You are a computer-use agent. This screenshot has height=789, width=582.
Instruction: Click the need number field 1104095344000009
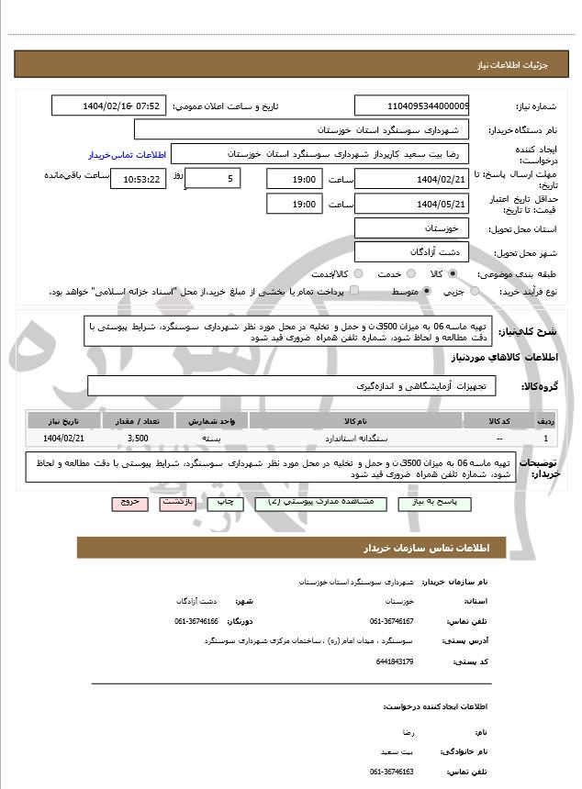point(412,106)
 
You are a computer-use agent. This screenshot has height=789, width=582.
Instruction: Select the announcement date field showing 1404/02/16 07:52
point(109,106)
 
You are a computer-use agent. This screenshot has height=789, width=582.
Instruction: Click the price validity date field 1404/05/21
point(412,204)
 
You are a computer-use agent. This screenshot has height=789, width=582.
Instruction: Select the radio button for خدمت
point(409,273)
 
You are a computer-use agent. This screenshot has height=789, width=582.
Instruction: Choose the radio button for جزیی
point(475,291)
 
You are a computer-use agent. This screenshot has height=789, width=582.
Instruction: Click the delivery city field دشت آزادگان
point(412,251)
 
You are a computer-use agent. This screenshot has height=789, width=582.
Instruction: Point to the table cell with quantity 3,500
point(139,439)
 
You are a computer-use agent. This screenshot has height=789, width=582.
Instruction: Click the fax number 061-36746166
point(197,621)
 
